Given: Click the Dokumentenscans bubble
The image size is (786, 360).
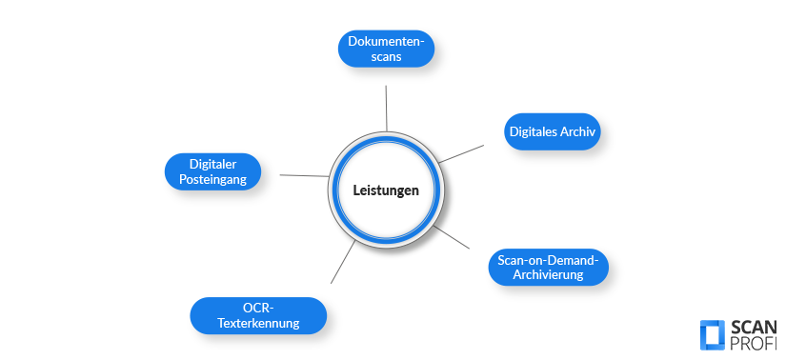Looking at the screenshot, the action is click(x=387, y=49).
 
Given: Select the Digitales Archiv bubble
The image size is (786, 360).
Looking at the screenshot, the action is click(x=552, y=132).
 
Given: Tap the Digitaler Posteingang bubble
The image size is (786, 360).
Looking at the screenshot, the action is click(x=212, y=171).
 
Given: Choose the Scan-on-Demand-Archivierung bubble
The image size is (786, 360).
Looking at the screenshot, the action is click(x=548, y=268).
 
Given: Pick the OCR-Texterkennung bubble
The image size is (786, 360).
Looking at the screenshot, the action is click(x=258, y=315).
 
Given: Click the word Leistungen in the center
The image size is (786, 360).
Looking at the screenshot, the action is click(x=386, y=190).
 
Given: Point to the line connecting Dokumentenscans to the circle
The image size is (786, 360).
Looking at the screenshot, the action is click(x=386, y=107).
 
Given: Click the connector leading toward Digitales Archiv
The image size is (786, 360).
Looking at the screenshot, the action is click(x=461, y=153).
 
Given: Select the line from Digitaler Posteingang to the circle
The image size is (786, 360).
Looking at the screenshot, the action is click(x=303, y=175).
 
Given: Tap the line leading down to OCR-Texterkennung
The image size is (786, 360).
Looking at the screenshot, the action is click(x=343, y=261).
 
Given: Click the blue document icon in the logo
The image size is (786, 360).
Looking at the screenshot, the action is click(x=712, y=334).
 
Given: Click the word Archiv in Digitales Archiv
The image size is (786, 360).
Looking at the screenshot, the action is click(x=577, y=132).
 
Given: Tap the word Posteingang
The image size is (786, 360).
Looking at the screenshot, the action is click(x=213, y=180).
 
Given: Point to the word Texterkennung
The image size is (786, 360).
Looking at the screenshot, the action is click(x=258, y=324).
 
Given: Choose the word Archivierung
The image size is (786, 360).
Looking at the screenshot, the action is click(x=548, y=276).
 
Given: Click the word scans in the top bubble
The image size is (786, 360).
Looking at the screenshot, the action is click(x=387, y=57).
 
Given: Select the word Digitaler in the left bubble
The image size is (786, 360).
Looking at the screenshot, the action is click(x=212, y=163).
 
